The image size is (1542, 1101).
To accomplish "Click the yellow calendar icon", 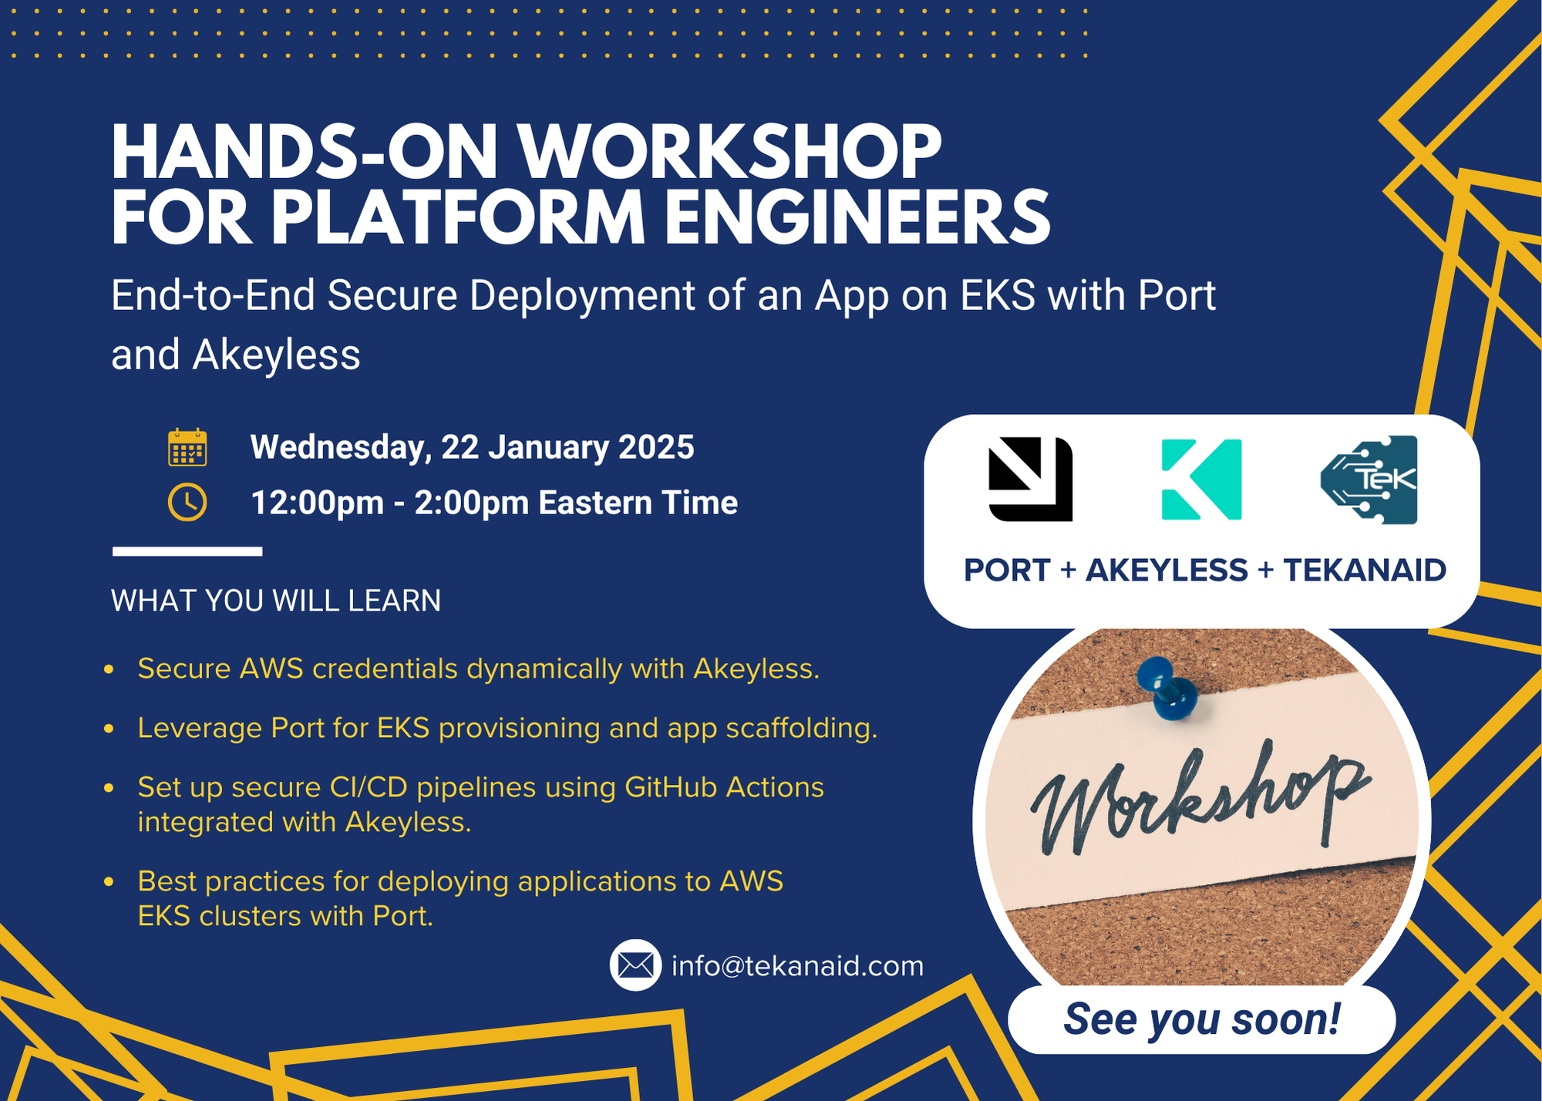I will (187, 447).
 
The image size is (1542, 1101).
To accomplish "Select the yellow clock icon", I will (187, 503).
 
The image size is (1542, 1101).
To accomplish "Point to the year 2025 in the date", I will (656, 447).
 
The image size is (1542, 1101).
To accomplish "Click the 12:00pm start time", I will (317, 503).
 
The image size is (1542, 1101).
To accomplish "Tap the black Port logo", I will (1030, 479).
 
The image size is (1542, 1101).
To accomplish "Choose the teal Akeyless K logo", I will (1201, 479).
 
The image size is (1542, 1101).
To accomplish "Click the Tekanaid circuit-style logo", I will (1369, 479).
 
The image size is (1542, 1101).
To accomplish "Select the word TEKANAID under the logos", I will (1364, 571).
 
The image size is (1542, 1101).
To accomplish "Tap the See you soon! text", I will (1201, 1019).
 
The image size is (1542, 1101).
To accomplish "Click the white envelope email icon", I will (635, 965).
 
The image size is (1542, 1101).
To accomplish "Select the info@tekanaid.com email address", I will (797, 966).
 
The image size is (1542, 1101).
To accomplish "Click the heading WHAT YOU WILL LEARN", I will (276, 601).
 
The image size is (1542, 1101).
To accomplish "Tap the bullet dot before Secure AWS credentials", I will (109, 669).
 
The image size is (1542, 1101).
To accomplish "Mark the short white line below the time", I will (187, 551).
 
